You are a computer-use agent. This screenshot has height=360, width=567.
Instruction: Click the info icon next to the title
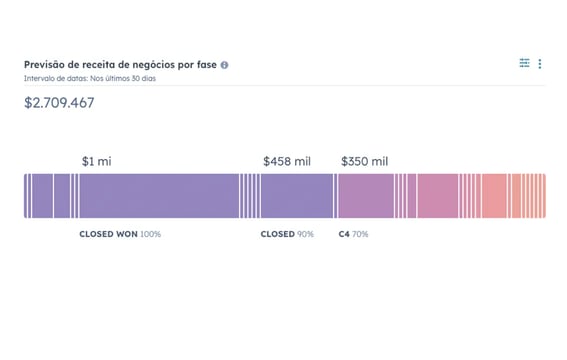coord(224,65)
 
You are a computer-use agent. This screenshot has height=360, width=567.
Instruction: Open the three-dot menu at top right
coord(540,64)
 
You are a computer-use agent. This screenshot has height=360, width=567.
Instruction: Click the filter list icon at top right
coord(524,64)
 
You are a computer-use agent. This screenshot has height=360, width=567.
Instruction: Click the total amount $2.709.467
coord(59,102)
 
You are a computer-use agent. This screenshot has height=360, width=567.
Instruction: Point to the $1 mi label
coord(97,161)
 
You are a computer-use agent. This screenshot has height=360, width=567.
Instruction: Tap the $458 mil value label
coord(287,161)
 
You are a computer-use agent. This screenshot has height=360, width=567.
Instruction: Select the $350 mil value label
coord(364,161)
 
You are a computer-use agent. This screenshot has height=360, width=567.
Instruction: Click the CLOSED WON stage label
coord(108,234)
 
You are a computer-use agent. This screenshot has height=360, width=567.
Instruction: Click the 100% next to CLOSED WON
coord(150,234)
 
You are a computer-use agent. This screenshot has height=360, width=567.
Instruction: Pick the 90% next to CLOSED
coord(305,234)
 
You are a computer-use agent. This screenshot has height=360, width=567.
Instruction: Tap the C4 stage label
coord(344,234)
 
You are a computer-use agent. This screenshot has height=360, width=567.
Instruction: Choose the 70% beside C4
coord(360,234)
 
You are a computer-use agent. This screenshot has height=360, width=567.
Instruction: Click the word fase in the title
coord(206,64)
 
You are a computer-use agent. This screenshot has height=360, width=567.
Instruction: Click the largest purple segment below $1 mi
coord(158,195)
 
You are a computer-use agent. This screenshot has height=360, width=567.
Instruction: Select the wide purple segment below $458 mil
coord(297,195)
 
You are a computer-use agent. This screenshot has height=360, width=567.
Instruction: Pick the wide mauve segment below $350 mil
coord(365,195)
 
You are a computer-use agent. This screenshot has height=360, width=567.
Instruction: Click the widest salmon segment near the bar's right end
coord(495,195)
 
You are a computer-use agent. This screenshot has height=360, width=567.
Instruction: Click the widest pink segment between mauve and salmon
coord(437,195)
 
